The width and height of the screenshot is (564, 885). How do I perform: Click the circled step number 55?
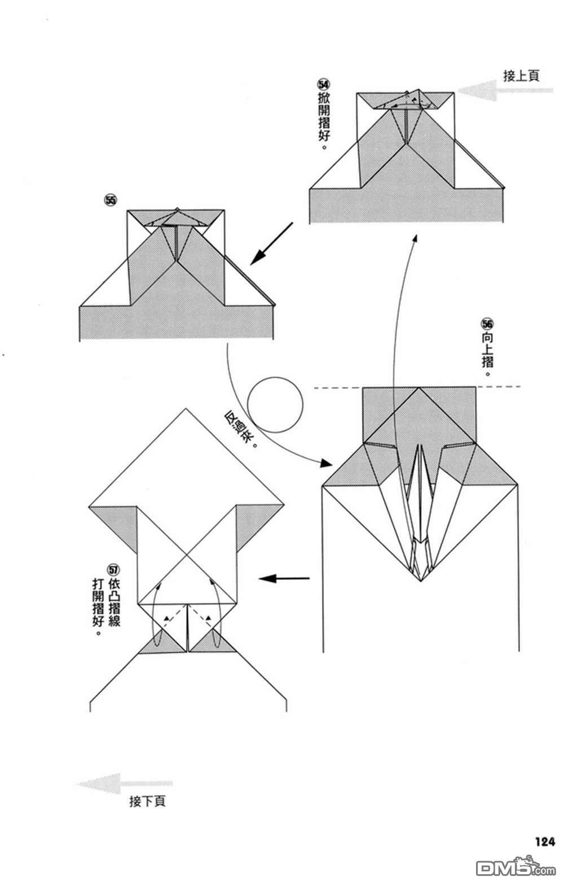coord(109,200)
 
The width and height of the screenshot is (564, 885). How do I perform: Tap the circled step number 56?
coord(487,324)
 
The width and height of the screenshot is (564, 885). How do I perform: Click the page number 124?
coord(545,842)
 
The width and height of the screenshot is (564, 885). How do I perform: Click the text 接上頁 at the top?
coord(521,76)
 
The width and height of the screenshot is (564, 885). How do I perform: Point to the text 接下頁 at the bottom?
coord(147,801)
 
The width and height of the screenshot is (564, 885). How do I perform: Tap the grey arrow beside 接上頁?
coord(479,90)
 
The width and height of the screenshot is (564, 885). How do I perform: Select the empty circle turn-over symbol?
coord(275,404)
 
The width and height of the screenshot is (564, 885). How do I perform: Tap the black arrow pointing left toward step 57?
coord(284,578)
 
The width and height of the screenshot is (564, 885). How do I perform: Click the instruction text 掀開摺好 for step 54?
coord(324,121)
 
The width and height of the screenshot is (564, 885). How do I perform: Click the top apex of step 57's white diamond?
coord(186,408)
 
